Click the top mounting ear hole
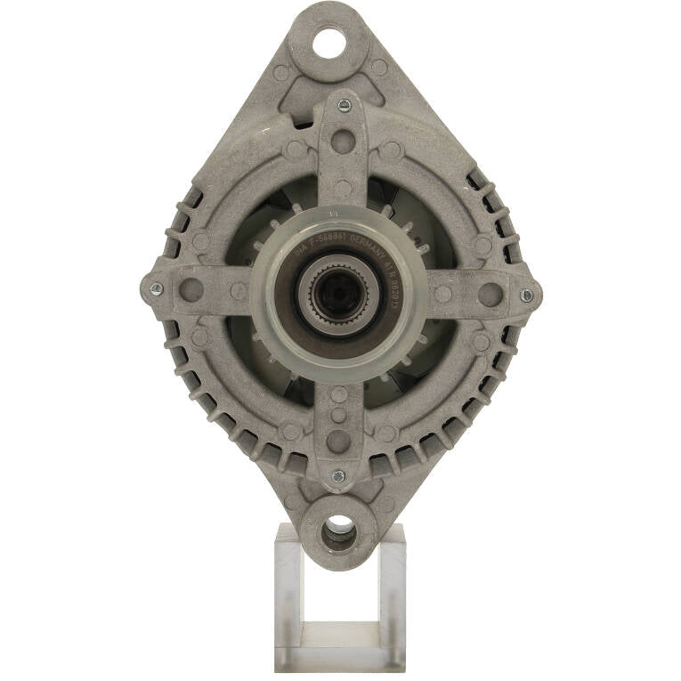point(328,40)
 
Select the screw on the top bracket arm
point(345,106)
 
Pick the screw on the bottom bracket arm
point(338,476)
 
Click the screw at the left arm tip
point(157,288)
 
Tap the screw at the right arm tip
point(526,295)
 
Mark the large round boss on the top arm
point(344,142)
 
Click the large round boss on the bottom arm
point(339,441)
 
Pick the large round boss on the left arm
point(191,289)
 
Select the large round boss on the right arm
point(490,294)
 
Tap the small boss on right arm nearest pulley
point(443,294)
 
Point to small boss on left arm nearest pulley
point(238,290)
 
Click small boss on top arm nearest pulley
point(343,188)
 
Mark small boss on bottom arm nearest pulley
point(339,394)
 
